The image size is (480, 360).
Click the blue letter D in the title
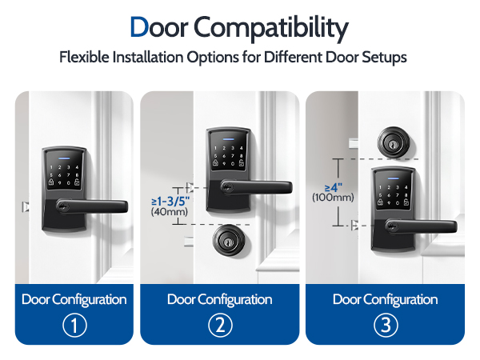coord(139,27)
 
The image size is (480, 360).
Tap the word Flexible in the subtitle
coord(84,57)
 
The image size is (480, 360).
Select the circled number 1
coord(74,325)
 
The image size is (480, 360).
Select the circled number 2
coord(220,325)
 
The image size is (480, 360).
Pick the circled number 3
coord(386,325)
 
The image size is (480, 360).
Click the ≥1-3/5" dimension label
coord(170,201)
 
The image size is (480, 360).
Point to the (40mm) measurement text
coord(170,212)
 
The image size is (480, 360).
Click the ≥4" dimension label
coord(334,187)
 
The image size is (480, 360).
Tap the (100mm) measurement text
coord(333,197)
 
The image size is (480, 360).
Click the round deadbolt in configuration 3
coord(394,142)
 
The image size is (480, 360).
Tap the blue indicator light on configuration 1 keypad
coord(64,159)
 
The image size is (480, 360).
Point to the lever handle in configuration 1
coord(92,206)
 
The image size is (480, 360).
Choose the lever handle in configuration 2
coord(257,186)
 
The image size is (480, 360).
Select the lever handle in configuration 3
coord(422,226)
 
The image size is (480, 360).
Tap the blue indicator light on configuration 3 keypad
coord(394,178)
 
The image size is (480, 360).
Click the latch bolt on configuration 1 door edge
coord(26,207)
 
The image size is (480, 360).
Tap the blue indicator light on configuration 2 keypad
coord(228,139)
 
